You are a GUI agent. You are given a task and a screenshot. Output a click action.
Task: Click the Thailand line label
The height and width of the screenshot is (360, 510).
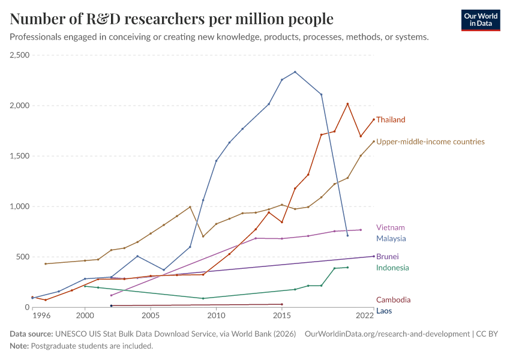[391, 119]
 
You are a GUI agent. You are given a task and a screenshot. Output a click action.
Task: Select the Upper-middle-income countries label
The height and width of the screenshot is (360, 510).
[430, 142]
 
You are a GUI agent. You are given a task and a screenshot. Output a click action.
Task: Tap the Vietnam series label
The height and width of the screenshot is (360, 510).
[390, 227]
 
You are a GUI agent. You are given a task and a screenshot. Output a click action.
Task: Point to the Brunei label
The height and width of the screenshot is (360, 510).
[388, 256]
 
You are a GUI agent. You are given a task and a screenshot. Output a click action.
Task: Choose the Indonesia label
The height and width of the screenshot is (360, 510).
[392, 268]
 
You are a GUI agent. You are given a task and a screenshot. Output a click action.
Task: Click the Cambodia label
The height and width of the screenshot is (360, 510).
[394, 300]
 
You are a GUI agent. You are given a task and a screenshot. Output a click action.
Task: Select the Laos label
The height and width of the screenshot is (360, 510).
[383, 311]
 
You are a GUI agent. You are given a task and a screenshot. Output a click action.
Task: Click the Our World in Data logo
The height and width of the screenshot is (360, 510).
[481, 20]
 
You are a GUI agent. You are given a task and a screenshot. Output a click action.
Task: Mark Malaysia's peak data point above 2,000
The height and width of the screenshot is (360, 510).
[295, 72]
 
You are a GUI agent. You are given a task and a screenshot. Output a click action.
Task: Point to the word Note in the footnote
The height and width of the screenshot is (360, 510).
[20, 346]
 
